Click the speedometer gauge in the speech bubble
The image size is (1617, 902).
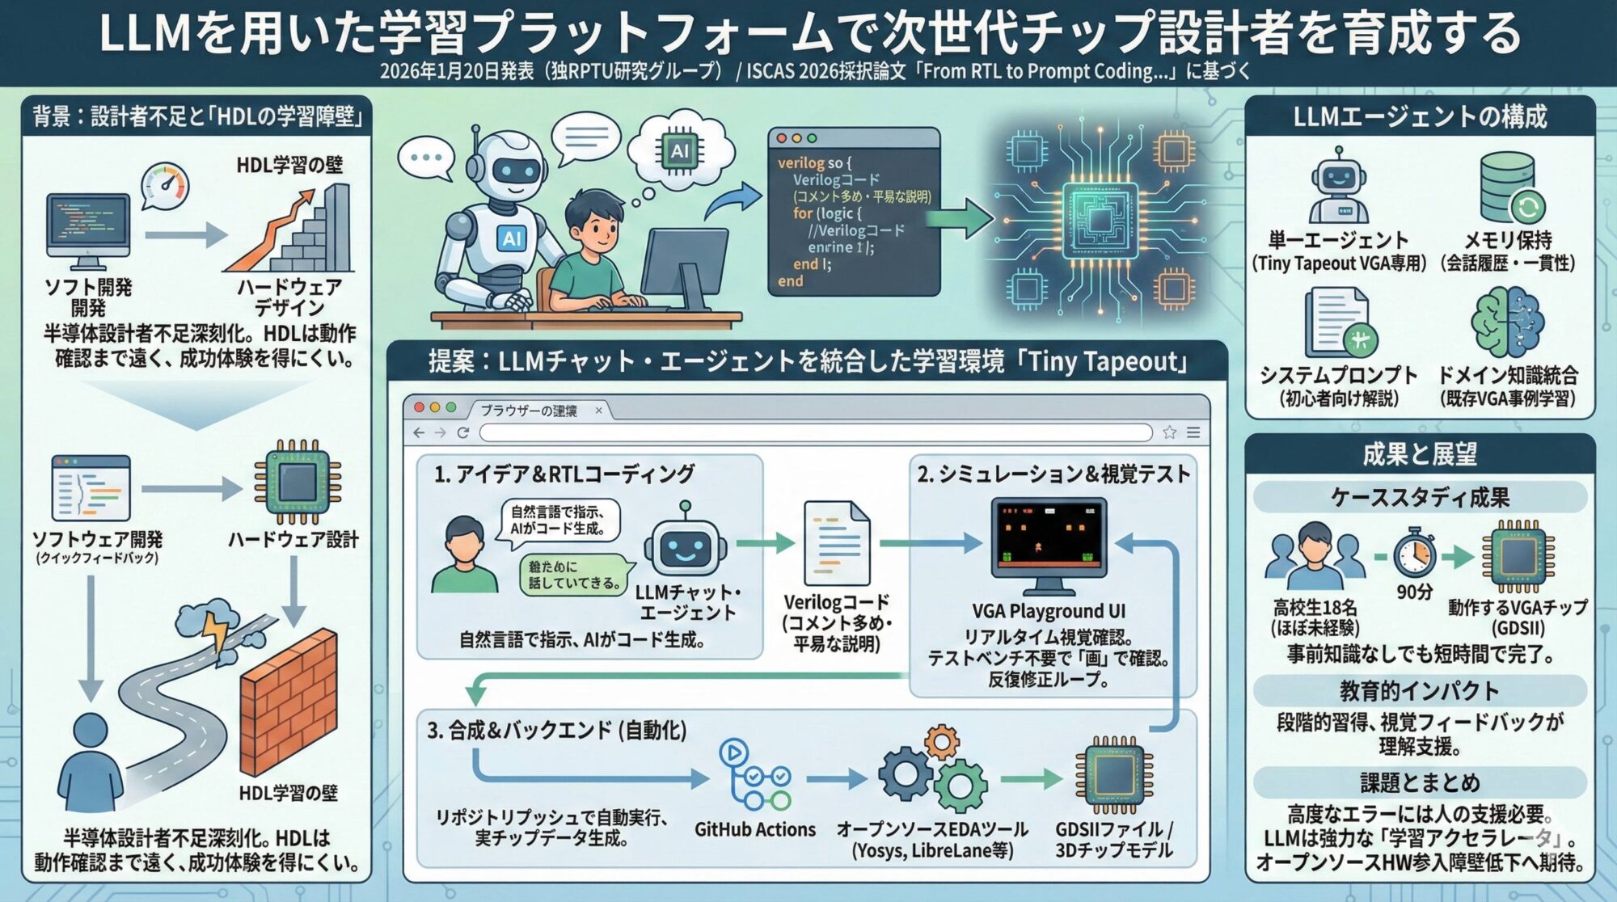166,185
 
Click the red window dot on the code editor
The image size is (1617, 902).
781,138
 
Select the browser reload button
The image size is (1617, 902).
463,433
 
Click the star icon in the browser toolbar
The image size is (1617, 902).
1169,433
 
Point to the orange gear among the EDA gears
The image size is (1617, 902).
941,741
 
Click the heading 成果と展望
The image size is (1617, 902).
1419,454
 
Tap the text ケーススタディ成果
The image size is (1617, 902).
1419,498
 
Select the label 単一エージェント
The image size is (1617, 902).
1338,240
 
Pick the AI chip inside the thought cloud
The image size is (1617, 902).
680,150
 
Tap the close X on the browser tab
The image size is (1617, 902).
598,411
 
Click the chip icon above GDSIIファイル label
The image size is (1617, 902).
1113,777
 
